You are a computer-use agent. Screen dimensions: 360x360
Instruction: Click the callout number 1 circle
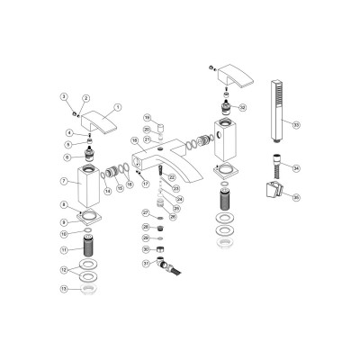pyautogui.click(x=116, y=107)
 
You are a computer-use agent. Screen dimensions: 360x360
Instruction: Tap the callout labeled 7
pyautogui.click(x=64, y=182)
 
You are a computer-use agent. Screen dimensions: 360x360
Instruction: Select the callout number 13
pyautogui.click(x=63, y=291)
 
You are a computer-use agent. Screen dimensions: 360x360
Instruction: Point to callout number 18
pyautogui.click(x=134, y=141)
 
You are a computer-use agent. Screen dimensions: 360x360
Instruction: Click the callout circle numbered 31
pyautogui.click(x=145, y=264)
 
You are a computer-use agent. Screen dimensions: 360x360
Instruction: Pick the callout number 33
pyautogui.click(x=296, y=125)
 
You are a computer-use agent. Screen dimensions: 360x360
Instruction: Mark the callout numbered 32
pyautogui.click(x=242, y=107)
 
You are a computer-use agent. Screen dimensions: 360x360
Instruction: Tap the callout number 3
pyautogui.click(x=63, y=96)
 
